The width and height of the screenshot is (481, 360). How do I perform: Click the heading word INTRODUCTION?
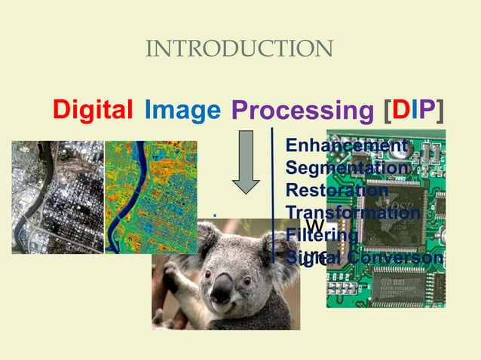[239, 50]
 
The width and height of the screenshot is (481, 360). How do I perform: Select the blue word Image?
[182, 111]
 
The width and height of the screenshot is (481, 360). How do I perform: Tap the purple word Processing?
[302, 111]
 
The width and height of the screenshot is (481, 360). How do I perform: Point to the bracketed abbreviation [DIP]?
[413, 111]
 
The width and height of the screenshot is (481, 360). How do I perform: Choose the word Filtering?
[322, 235]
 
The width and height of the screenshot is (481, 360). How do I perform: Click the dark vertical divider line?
[272, 192]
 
